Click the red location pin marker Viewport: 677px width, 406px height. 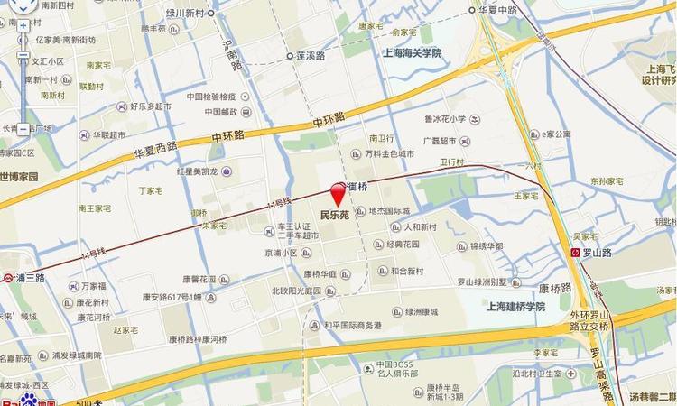(x=338, y=193)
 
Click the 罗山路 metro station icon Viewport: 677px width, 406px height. (x=576, y=252)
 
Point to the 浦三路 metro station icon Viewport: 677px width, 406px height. (x=7, y=278)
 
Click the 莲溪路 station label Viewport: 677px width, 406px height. (x=310, y=55)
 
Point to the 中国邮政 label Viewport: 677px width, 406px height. (x=219, y=112)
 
